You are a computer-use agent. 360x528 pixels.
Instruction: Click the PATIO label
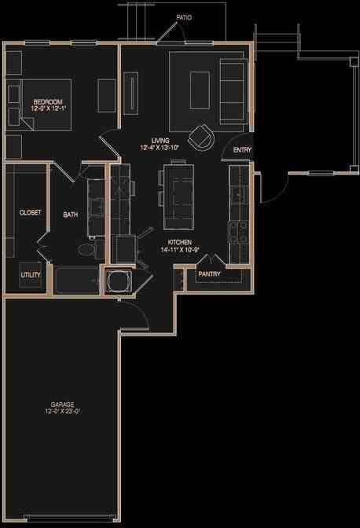click(x=184, y=16)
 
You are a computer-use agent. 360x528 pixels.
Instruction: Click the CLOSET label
click(x=30, y=212)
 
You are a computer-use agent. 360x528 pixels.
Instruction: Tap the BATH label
click(x=71, y=214)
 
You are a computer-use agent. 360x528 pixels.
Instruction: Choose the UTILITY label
click(x=31, y=274)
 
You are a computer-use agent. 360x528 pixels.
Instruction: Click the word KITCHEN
click(x=180, y=243)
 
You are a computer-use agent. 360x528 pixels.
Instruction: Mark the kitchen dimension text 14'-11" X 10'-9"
click(x=180, y=251)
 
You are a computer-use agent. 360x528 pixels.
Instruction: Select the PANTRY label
click(x=209, y=274)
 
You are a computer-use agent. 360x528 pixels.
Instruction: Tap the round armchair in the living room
click(x=203, y=137)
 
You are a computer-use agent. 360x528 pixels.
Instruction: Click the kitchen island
click(x=178, y=192)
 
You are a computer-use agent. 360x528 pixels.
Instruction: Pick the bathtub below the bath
click(x=76, y=280)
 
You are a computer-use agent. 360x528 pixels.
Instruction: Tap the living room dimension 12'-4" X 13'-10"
click(x=160, y=148)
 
